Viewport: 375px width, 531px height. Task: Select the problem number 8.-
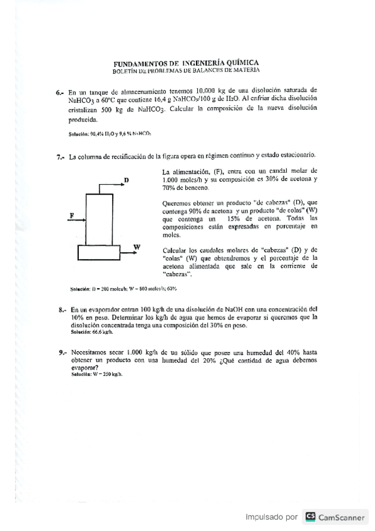(61, 309)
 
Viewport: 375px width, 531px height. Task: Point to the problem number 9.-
(61, 353)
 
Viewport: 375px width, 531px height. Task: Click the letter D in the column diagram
(126, 180)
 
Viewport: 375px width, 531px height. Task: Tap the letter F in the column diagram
(72, 215)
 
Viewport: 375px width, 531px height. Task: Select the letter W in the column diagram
(136, 246)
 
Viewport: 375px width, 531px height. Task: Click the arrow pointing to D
(113, 186)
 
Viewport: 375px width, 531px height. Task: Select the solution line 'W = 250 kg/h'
(98, 374)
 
